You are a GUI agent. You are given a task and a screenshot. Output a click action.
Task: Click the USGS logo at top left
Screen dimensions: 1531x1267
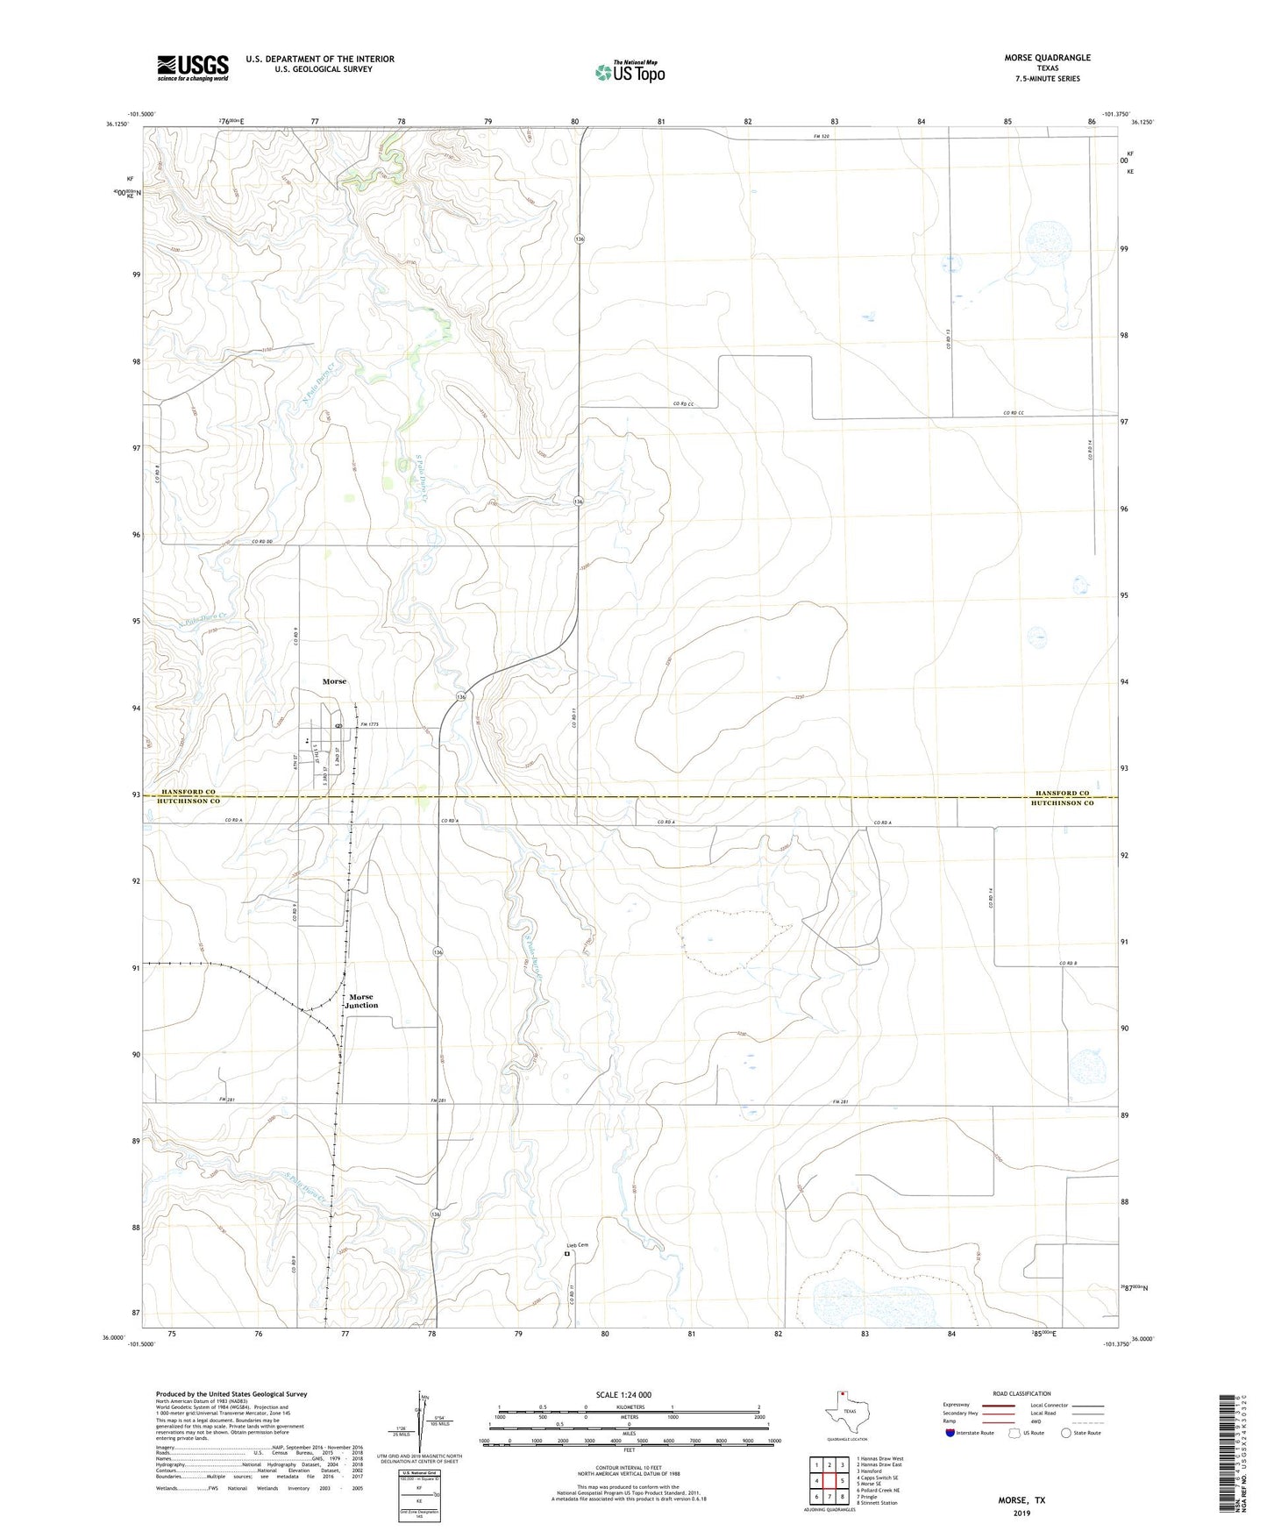click(193, 68)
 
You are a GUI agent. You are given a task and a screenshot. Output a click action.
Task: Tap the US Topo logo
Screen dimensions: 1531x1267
click(629, 71)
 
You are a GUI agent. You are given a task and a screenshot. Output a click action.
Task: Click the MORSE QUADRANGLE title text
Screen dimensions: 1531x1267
click(1048, 58)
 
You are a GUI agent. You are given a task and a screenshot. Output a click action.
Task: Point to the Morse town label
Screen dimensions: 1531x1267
click(334, 681)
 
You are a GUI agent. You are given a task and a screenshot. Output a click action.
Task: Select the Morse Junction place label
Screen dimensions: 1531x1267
click(361, 1000)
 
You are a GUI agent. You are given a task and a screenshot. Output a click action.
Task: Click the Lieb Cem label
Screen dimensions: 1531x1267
click(576, 1245)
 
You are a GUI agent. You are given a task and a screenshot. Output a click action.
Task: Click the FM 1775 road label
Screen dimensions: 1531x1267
click(373, 725)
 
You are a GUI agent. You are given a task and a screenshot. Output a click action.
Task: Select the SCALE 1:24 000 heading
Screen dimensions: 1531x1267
click(623, 1394)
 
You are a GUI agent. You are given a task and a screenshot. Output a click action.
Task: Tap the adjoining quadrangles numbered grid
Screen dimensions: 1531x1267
click(829, 1481)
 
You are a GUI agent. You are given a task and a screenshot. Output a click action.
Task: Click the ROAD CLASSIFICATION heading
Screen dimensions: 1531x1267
click(1021, 1393)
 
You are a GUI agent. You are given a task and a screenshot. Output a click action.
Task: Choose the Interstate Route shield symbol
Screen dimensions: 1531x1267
click(951, 1433)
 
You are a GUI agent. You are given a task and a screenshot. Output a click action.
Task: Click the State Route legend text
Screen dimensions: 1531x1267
click(1087, 1433)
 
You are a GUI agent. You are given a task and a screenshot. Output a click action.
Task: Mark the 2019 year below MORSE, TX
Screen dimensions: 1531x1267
click(1021, 1513)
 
